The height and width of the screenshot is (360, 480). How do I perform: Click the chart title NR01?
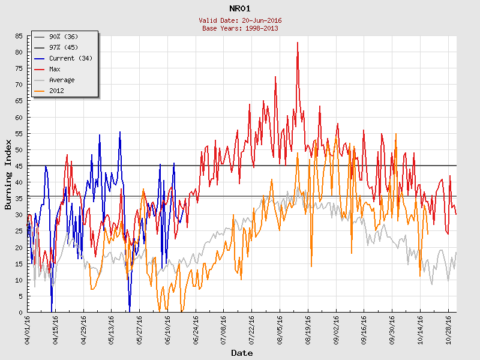click(x=240, y=8)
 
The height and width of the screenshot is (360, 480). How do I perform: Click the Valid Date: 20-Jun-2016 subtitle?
click(x=240, y=20)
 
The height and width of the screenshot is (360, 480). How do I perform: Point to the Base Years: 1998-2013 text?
click(x=240, y=28)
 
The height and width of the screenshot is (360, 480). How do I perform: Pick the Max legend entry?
click(x=55, y=69)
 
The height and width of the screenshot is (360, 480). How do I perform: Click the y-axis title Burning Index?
click(x=8, y=174)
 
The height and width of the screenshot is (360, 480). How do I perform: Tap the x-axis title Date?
click(x=242, y=353)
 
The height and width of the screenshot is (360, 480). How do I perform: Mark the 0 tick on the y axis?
click(x=20, y=313)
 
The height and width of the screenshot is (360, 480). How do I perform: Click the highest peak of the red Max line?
click(x=298, y=43)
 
